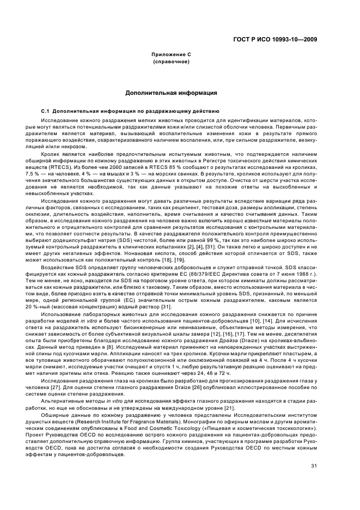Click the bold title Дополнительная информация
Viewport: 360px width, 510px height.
pos(172,93)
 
